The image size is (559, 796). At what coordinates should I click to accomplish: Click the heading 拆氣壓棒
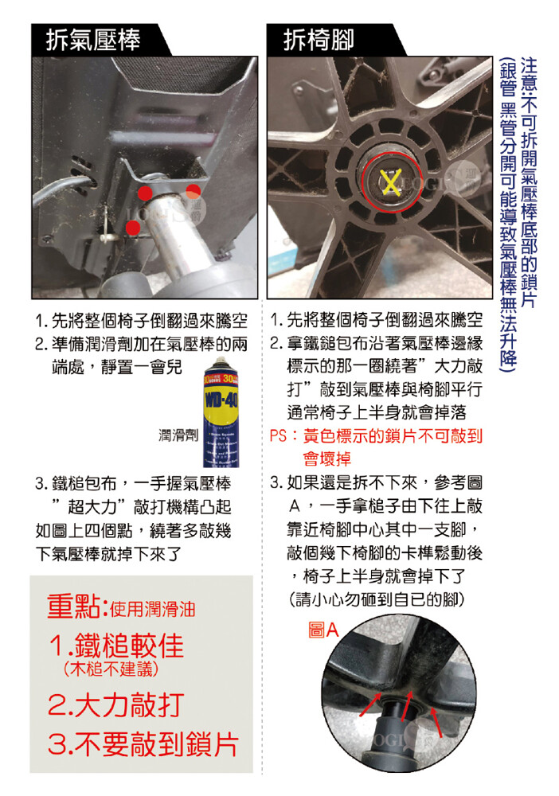[x=93, y=40]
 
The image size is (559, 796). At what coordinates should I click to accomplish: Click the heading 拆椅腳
[x=319, y=40]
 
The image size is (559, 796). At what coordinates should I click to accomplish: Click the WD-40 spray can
[x=221, y=412]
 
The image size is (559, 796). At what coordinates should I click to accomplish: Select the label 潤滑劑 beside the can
[x=178, y=435]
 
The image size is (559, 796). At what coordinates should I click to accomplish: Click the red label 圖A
[x=323, y=630]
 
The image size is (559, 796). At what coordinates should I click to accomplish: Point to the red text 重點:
[x=77, y=607]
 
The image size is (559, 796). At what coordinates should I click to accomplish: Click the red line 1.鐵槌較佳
[x=117, y=646]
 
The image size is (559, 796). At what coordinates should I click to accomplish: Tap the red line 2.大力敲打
[x=115, y=704]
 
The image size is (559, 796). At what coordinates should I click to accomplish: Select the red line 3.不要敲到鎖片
[x=143, y=743]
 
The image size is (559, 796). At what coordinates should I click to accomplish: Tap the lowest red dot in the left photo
[x=133, y=228]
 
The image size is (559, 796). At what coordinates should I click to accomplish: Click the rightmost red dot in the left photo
[x=193, y=191]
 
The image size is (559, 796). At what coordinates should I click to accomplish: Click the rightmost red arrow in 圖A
[x=436, y=722]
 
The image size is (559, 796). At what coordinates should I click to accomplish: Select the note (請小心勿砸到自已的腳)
[x=376, y=599]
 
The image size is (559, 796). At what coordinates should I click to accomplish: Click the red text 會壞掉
[x=327, y=459]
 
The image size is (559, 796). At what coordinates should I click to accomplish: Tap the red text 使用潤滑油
[x=152, y=609]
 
